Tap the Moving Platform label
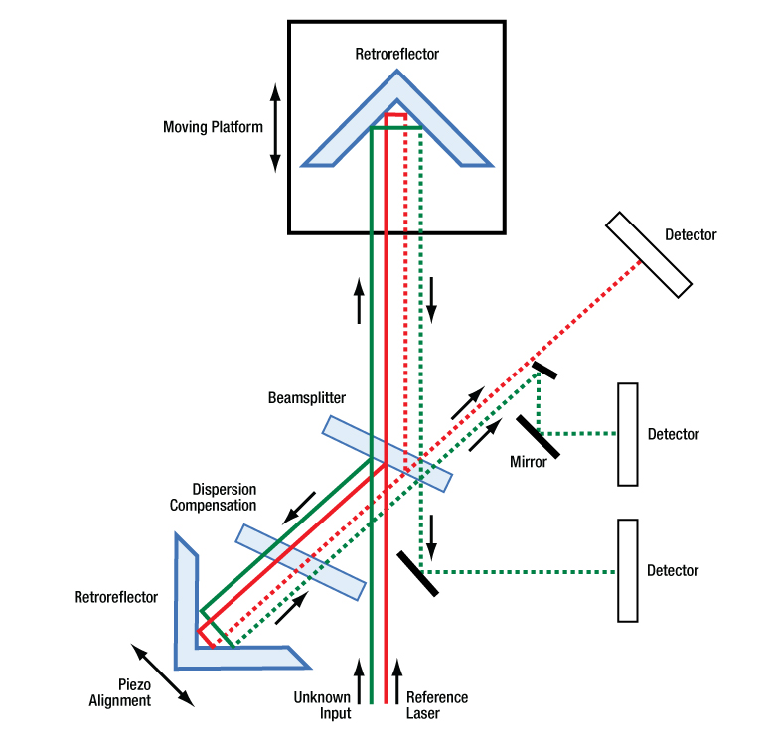214,127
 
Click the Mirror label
528,462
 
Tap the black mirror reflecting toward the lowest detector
417,572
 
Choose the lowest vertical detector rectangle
627,570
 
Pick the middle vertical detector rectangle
627,434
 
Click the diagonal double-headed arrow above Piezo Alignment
162,674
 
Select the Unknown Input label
321,705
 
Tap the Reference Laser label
436,705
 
